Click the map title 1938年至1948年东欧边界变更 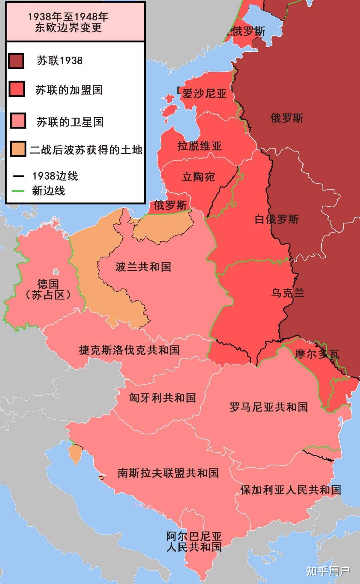point(68,22)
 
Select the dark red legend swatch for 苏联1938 point(16,61)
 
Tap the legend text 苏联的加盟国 point(69,90)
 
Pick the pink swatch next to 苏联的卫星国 point(18,121)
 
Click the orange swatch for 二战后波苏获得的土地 point(18,149)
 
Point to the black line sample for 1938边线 point(18,176)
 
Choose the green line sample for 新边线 point(18,191)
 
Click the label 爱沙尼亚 point(204,94)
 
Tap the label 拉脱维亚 point(199,146)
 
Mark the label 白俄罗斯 point(277,219)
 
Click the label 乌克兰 point(287,293)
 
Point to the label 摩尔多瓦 point(317,353)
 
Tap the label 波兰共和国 point(143,267)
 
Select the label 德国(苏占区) point(48,289)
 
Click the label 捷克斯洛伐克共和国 point(129,350)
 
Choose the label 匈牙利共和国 point(162,397)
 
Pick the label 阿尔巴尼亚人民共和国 point(194,541)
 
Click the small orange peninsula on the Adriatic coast point(74,453)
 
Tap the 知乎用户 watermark point(328,571)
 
